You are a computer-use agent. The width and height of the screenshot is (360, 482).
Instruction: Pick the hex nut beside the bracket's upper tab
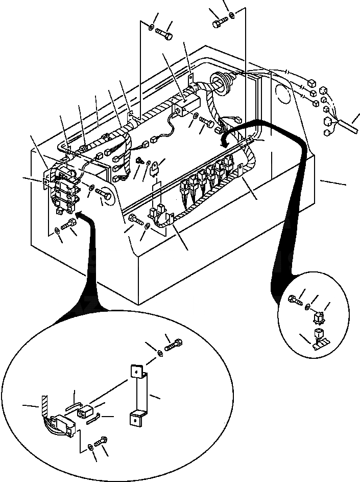[x=159, y=352]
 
